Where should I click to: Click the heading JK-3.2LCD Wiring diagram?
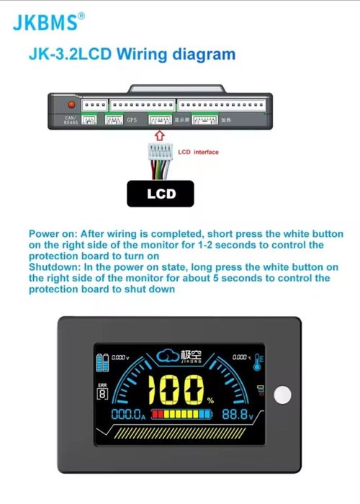click(131, 54)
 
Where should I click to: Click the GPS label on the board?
click(132, 120)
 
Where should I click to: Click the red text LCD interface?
click(198, 152)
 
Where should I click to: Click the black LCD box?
click(161, 194)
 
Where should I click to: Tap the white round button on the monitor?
click(283, 395)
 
